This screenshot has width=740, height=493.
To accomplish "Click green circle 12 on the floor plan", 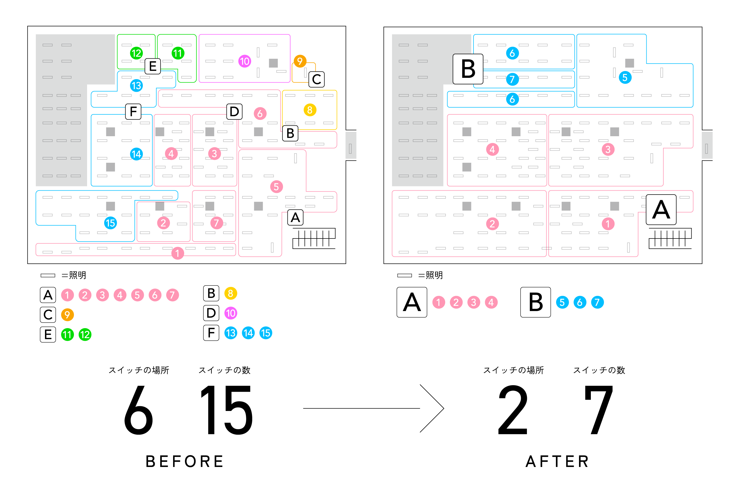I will click(136, 53).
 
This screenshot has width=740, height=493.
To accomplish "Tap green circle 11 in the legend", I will click(67, 334).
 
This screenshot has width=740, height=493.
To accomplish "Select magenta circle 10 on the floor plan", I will click(245, 61).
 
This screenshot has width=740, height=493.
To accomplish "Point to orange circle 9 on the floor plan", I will click(300, 61).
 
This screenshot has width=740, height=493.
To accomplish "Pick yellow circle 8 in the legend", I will click(230, 293).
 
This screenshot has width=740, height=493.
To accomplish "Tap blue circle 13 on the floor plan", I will click(136, 85).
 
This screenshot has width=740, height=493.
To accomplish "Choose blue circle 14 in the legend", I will click(248, 333).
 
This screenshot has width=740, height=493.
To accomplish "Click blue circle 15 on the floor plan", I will click(110, 223).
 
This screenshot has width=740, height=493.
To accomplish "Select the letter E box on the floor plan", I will click(153, 66).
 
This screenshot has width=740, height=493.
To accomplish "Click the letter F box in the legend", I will click(211, 333).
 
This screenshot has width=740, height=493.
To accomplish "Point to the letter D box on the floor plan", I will click(234, 112).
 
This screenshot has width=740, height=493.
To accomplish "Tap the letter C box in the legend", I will click(48, 315).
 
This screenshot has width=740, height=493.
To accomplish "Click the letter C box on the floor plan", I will click(316, 79).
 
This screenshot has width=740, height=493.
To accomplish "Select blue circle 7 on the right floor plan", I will click(512, 79).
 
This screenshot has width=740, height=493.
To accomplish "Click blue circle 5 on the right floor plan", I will click(625, 77).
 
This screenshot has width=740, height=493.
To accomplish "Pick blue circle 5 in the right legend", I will click(562, 302).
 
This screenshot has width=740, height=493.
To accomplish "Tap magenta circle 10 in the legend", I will click(230, 313).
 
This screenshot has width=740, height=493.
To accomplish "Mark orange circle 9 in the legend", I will click(67, 315).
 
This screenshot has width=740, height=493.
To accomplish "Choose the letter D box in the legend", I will click(211, 313).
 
